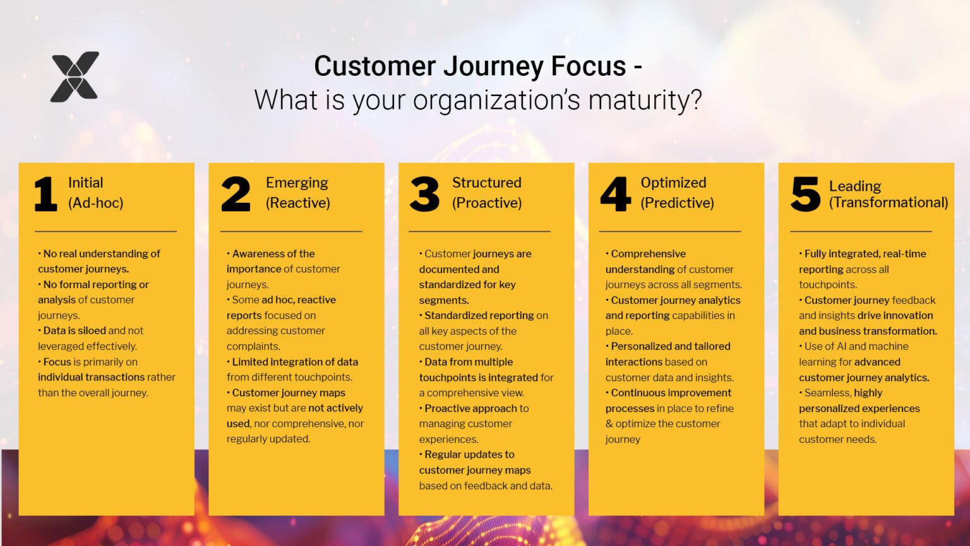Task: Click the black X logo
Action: pyautogui.click(x=75, y=76)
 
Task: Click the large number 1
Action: pyautogui.click(x=45, y=194)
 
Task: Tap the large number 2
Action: pyautogui.click(x=236, y=194)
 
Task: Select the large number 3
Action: pyautogui.click(x=424, y=194)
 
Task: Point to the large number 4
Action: pyautogui.click(x=615, y=194)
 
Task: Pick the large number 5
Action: pyautogui.click(x=805, y=194)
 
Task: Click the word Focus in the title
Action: pyautogui.click(x=588, y=66)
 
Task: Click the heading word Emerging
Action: pyautogui.click(x=297, y=183)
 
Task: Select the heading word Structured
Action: pyautogui.click(x=486, y=183)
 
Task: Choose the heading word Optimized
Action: pyautogui.click(x=673, y=183)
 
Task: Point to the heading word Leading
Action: pyautogui.click(x=854, y=186)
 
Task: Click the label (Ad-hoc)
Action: pyautogui.click(x=95, y=203)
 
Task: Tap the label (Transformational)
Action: pyautogui.click(x=889, y=202)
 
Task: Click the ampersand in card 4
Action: pyautogui.click(x=609, y=424)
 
